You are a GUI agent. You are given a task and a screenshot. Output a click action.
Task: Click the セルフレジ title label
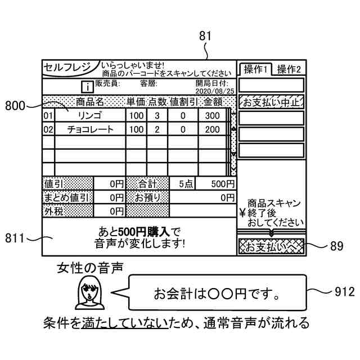coord(67,67)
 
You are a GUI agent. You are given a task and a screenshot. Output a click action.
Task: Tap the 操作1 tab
coord(255,69)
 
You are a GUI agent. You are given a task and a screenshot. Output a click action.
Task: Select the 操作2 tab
coord(289,69)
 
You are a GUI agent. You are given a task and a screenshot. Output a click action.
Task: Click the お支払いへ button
coord(271,246)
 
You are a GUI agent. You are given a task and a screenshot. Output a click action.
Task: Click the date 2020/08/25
coord(215,91)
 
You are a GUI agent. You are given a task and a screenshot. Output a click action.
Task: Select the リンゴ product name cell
coord(89,115)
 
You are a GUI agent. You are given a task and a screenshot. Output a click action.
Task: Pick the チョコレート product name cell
coord(89,129)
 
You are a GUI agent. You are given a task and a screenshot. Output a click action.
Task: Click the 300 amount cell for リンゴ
coord(212,115)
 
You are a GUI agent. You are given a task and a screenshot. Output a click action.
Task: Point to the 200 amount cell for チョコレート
coord(212,129)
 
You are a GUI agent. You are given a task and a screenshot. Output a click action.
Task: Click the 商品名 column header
coord(90,102)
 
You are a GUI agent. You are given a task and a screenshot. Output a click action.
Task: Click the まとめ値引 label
coord(66,197)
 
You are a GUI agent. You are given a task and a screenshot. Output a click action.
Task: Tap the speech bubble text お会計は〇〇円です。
coord(217,294)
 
